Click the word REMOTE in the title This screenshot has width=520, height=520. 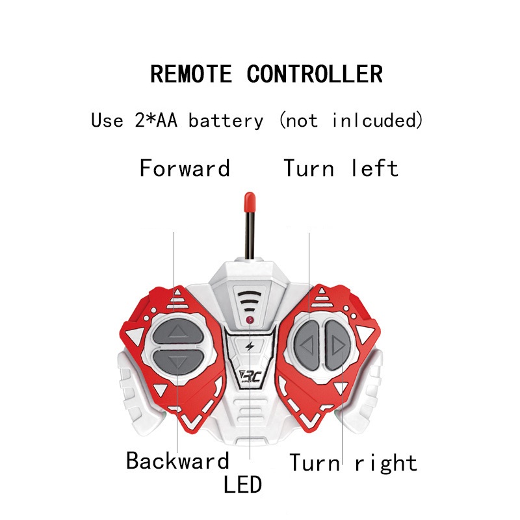click(190, 73)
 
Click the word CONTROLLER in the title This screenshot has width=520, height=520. click(315, 73)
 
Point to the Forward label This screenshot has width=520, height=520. click(185, 168)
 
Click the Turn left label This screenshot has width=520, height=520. click(341, 168)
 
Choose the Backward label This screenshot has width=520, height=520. click(177, 460)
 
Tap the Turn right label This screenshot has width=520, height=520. click(353, 463)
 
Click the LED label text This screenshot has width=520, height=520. click(242, 484)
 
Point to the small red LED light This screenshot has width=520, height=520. click(250, 321)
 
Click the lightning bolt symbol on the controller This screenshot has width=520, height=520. click(250, 345)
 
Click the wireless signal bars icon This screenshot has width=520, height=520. click(250, 301)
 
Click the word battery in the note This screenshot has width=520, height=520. click(226, 121)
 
